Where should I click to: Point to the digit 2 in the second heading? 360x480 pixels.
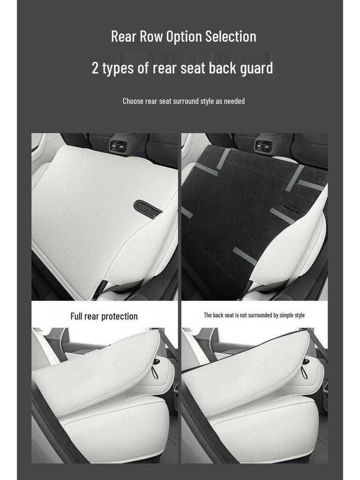pyautogui.click(x=95, y=68)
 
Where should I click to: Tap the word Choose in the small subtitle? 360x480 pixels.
pyautogui.click(x=133, y=101)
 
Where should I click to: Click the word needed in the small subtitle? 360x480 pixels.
pyautogui.click(x=234, y=101)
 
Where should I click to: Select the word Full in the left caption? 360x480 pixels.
pyautogui.click(x=76, y=316)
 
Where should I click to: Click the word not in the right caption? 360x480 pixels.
pyautogui.click(x=242, y=315)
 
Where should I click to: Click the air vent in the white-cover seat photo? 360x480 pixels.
pyautogui.click(x=119, y=146)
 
